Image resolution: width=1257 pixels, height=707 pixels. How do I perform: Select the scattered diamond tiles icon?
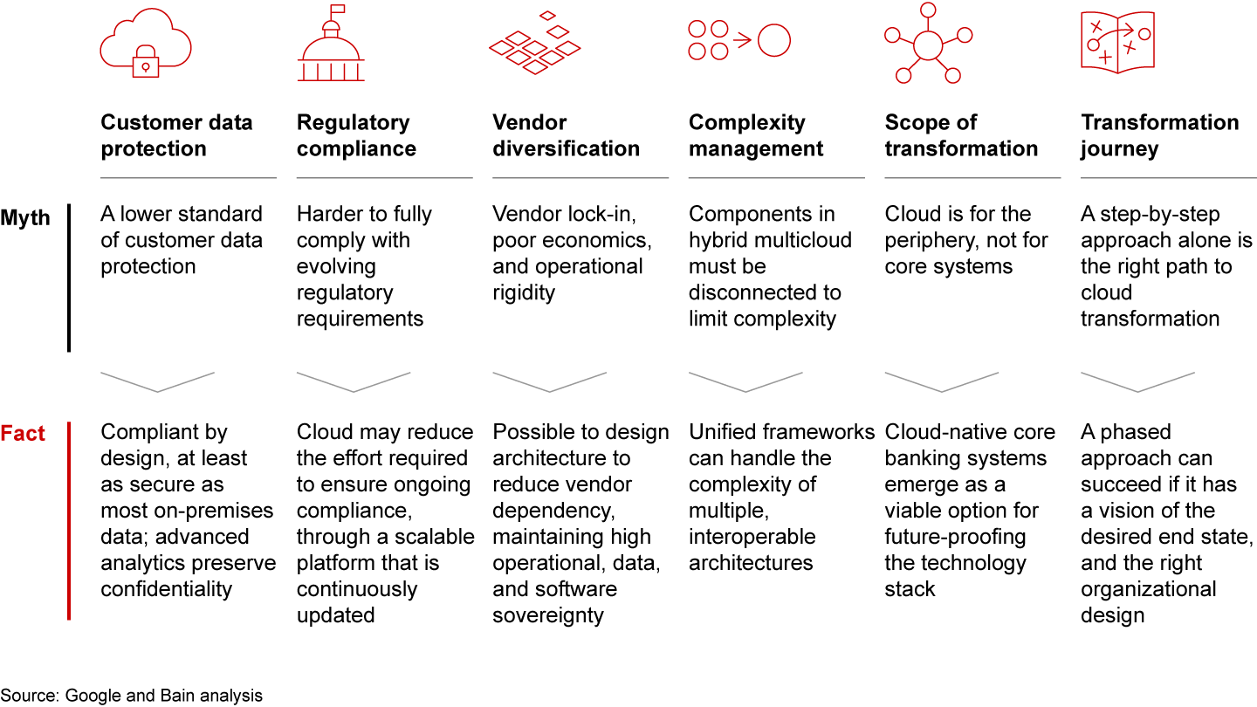[534, 44]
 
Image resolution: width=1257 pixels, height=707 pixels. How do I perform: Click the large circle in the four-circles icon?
[773, 40]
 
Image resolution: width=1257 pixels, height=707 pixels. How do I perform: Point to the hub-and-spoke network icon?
[927, 43]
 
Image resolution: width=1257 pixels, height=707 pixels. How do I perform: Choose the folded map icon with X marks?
[1117, 42]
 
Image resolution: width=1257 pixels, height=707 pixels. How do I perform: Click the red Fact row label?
[23, 434]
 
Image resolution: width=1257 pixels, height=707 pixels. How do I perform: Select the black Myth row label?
[25, 217]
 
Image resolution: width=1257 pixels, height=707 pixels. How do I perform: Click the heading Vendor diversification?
[566, 135]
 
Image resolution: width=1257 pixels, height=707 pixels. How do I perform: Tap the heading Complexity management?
[756, 135]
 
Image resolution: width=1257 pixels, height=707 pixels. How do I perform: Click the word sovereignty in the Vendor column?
[547, 615]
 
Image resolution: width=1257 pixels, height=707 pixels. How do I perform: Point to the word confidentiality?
[166, 589]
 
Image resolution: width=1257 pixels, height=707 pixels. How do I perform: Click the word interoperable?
[752, 537]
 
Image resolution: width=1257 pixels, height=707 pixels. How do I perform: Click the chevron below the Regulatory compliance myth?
[354, 381]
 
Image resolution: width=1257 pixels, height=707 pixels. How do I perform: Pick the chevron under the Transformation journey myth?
[1137, 381]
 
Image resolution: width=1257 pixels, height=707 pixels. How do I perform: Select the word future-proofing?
[955, 537]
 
